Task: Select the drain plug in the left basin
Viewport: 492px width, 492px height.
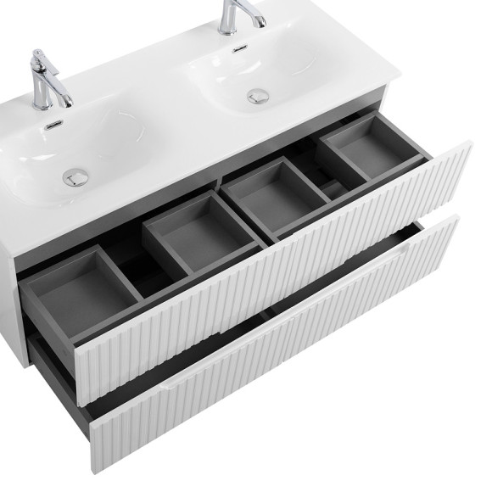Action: click(x=75, y=176)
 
